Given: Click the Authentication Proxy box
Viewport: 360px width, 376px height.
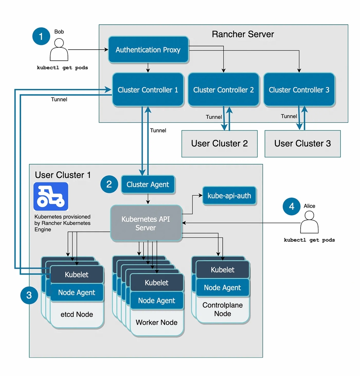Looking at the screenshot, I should (148, 50).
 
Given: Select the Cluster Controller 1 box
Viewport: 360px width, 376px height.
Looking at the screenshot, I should (148, 90).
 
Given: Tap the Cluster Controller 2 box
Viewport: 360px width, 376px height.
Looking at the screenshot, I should (223, 90).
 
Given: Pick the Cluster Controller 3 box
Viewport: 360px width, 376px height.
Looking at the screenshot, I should (299, 90).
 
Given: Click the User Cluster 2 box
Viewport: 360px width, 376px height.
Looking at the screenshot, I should (219, 143).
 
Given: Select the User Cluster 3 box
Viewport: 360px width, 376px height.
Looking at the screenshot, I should (302, 143).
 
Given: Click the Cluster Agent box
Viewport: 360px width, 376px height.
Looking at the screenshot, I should (148, 184).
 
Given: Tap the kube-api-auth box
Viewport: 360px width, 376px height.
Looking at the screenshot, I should (229, 195).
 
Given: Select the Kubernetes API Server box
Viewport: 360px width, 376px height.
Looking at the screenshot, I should (145, 223).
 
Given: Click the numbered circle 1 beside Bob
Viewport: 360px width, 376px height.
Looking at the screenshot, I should (41, 37).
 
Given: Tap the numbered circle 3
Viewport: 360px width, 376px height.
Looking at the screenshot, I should (29, 295).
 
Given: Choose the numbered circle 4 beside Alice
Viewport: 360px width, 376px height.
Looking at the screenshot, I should (291, 206).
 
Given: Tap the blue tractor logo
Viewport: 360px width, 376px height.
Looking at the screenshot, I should (51, 197).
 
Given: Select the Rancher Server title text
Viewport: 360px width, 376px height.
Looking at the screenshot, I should (243, 34).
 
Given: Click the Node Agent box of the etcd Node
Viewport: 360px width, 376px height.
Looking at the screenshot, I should (77, 293).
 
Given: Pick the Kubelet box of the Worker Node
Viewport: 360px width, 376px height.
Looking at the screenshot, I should (156, 283).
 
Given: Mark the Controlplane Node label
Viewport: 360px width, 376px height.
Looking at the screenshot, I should (222, 309).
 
